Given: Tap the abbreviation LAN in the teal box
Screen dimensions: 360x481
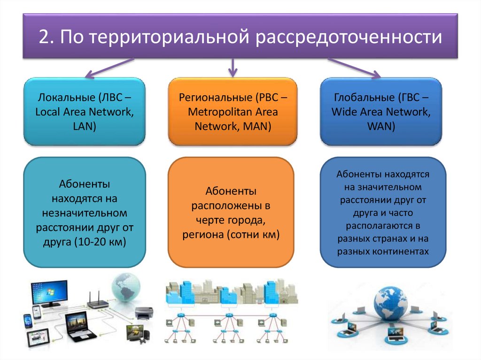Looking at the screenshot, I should [x=85, y=126].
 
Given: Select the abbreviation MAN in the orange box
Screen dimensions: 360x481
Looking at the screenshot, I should [x=255, y=126].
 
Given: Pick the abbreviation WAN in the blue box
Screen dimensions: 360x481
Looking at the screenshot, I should [x=381, y=126].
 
